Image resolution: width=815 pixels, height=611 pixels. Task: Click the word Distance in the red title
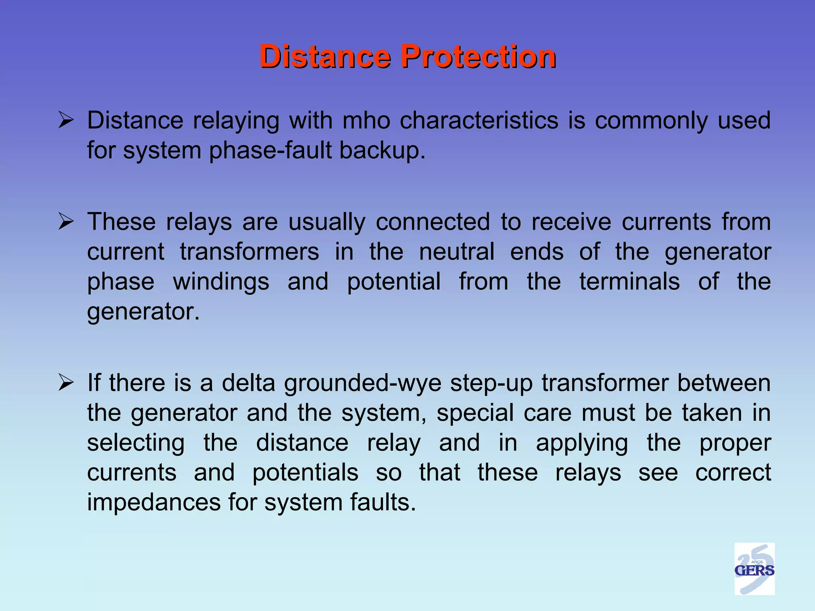(x=325, y=56)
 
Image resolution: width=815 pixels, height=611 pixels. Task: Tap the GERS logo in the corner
(x=754, y=569)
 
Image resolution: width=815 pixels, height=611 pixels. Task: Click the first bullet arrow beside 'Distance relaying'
(x=66, y=120)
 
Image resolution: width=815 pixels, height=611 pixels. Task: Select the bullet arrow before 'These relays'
(x=66, y=222)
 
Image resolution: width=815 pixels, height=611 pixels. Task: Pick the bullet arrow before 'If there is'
(x=66, y=383)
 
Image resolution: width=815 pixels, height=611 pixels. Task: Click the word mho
(x=366, y=120)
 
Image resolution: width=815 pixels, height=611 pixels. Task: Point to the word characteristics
(x=479, y=120)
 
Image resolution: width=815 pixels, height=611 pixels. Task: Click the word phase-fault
(x=271, y=150)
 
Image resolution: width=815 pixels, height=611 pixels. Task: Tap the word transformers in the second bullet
(x=250, y=252)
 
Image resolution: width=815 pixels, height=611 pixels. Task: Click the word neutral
(x=456, y=252)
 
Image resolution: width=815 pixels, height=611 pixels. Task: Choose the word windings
(x=221, y=282)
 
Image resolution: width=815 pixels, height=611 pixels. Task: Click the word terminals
(x=630, y=282)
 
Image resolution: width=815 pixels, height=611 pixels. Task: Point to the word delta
(x=248, y=383)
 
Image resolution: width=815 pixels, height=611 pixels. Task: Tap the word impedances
(x=154, y=502)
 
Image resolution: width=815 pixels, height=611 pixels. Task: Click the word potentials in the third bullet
(x=305, y=473)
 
